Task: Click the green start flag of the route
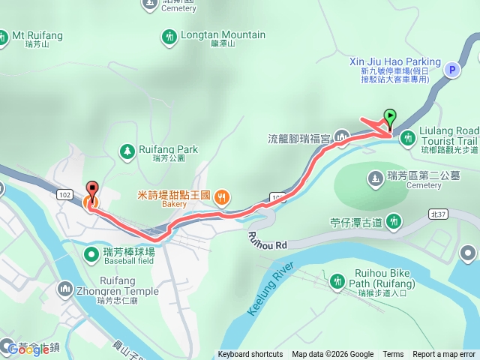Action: pyautogui.click(x=390, y=118)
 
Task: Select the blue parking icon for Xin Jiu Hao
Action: pyautogui.click(x=451, y=70)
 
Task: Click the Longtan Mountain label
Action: pyautogui.click(x=223, y=34)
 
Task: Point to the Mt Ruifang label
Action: pyautogui.click(x=37, y=34)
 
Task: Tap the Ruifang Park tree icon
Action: pyautogui.click(x=127, y=151)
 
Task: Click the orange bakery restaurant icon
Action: pyautogui.click(x=221, y=198)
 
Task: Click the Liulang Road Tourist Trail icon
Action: pyautogui.click(x=407, y=137)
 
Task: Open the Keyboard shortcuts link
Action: pyautogui.click(x=250, y=355)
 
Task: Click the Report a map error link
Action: pyautogui.click(x=444, y=355)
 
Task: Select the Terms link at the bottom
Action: pyautogui.click(x=393, y=355)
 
